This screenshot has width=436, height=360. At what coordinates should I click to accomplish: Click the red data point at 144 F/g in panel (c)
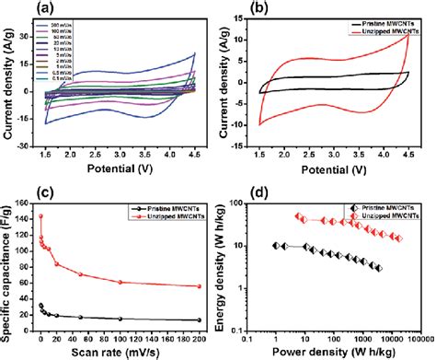click(41, 217)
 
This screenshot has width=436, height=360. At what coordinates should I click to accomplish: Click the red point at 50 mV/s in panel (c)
click(81, 274)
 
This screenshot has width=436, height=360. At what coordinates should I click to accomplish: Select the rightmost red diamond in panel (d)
click(397, 238)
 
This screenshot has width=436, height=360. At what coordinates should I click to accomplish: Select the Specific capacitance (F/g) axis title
click(8, 263)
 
